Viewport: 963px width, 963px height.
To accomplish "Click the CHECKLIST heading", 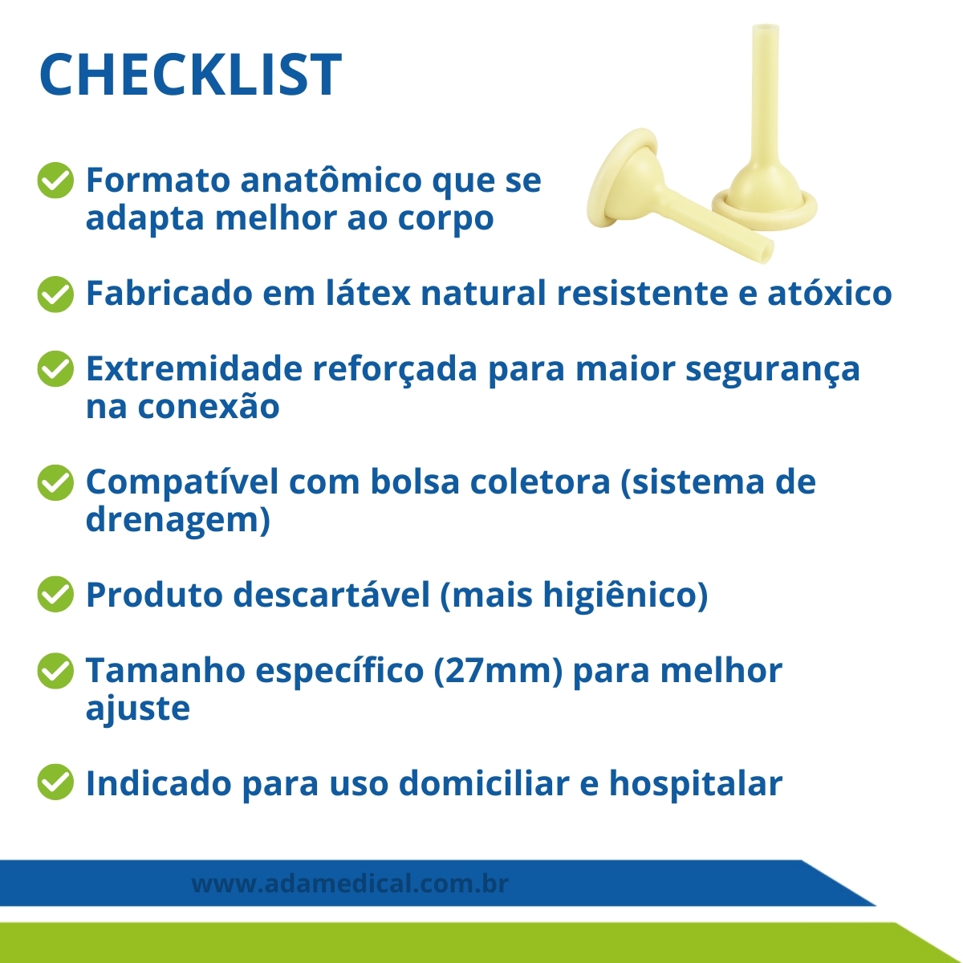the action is coord(191,75).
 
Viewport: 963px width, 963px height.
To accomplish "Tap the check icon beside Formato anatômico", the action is coord(55,180).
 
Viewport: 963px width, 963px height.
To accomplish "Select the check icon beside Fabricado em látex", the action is coord(55,294).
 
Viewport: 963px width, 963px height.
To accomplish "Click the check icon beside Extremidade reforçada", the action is coord(55,368).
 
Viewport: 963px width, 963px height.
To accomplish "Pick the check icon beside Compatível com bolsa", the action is coord(55,482).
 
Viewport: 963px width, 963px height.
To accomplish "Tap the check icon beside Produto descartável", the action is coord(55,594).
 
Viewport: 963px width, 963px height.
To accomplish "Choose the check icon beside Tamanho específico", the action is coord(55,671).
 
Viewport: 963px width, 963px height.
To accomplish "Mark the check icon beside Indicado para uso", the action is coord(55,782).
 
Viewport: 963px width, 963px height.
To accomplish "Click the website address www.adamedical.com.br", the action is coord(350,884).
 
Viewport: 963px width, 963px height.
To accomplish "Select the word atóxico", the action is coord(830,293).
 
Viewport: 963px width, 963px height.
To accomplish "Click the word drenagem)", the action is coord(178,522).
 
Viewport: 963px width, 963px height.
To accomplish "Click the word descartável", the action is coord(331,594).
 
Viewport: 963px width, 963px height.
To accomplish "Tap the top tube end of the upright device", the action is coord(766,28).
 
